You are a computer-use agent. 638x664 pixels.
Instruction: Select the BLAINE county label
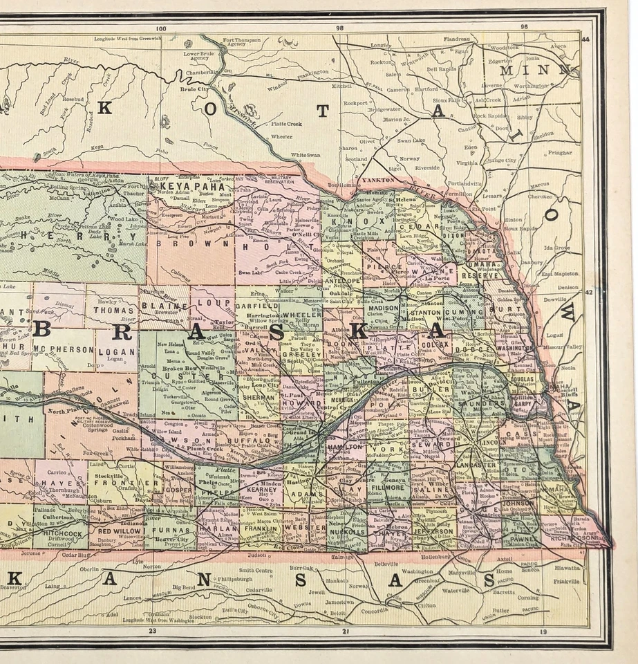164,305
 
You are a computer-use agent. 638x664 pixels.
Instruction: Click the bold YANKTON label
377,179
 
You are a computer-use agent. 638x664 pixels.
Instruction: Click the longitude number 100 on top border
162,29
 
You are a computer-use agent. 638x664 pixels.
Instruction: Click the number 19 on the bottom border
543,631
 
